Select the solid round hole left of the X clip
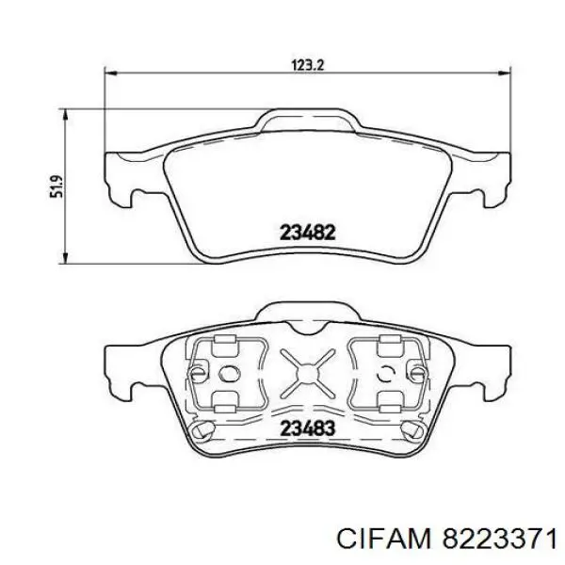click(226, 373)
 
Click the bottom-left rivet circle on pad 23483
click(198, 430)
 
